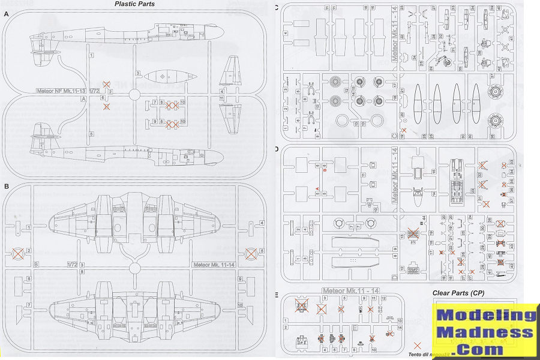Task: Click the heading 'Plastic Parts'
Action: pyautogui.click(x=134, y=4)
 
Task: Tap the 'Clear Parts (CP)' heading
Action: pyautogui.click(x=458, y=293)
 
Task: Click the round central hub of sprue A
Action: pyautogui.click(x=134, y=94)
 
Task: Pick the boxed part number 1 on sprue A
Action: pyautogui.click(x=91, y=55)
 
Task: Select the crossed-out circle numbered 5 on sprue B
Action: pyautogui.click(x=251, y=254)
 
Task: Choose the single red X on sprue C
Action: pyautogui.click(x=404, y=130)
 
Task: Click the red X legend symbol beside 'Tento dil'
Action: pyautogui.click(x=418, y=346)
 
